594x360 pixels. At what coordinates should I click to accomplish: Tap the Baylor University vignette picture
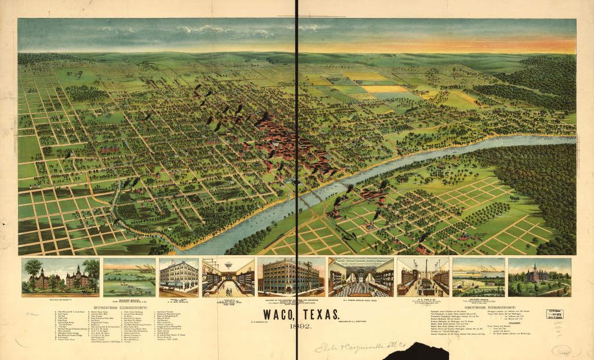click(60, 277)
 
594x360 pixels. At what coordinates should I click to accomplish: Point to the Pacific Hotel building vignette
click(178, 278)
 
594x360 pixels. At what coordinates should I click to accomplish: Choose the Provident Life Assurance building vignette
click(291, 278)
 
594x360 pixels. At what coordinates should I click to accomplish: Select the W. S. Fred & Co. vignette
click(423, 278)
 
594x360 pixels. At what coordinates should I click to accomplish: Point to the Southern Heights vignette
click(479, 278)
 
